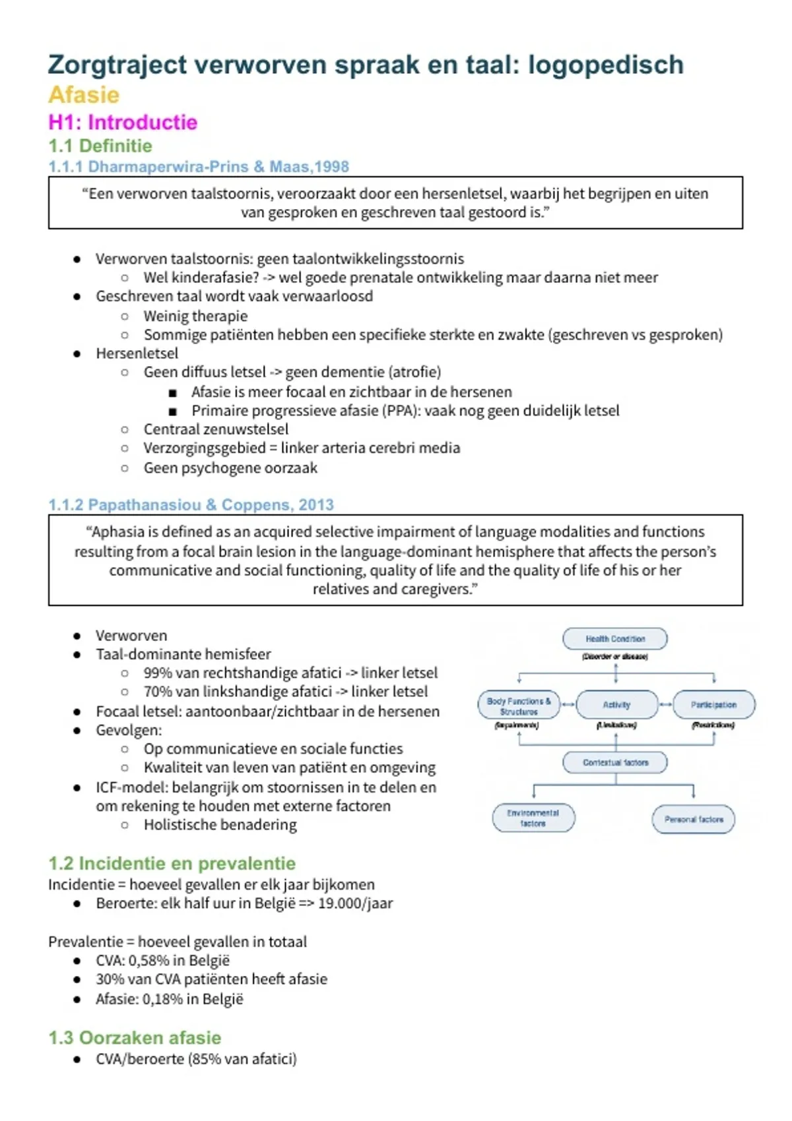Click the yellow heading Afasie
point(84,95)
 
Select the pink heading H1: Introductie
point(123,123)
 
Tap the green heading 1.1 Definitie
point(100,146)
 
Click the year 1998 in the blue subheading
point(331,167)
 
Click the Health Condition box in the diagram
point(615,638)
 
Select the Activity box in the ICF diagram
point(616,704)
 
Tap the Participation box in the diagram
point(713,704)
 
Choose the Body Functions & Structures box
point(519,706)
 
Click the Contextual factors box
point(615,762)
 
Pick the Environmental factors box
point(533,818)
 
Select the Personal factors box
point(694,819)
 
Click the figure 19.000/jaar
point(355,903)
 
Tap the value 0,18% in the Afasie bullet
point(162,999)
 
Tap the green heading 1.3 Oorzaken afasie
point(135,1038)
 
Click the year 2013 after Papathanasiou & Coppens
point(316,505)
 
